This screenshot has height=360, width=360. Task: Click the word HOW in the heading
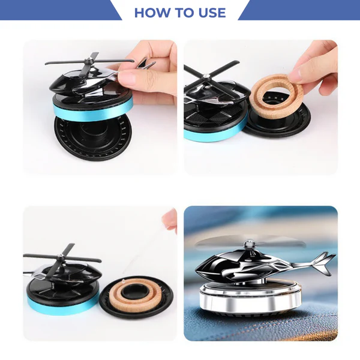click(x=152, y=13)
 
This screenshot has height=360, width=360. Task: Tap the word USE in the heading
click(x=209, y=13)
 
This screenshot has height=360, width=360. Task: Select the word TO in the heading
click(x=182, y=13)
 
